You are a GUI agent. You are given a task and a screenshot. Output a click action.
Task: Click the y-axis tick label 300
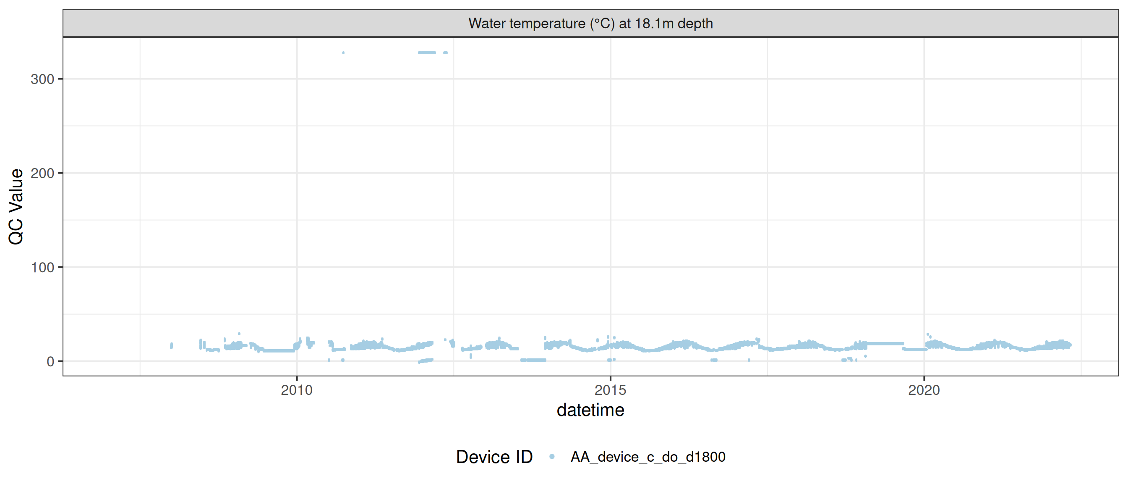click(x=42, y=79)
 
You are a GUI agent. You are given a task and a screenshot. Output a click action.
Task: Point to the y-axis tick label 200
click(x=42, y=174)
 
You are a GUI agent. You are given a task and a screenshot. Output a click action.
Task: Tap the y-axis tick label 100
click(x=42, y=268)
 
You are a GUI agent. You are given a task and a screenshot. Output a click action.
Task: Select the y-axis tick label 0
click(x=50, y=362)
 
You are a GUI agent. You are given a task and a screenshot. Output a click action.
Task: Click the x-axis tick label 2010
click(x=296, y=390)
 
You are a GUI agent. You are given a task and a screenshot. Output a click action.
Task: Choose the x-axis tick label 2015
click(x=610, y=390)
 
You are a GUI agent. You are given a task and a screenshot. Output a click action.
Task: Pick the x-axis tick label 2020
click(x=924, y=390)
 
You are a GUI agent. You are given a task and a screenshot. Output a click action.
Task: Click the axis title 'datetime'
click(x=590, y=410)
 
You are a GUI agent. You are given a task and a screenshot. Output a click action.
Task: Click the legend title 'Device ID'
click(x=494, y=457)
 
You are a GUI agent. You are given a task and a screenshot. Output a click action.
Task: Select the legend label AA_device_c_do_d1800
click(x=648, y=457)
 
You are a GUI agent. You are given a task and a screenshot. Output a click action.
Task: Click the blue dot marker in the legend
click(x=552, y=457)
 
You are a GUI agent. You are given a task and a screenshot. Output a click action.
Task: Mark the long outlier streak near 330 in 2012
click(x=427, y=53)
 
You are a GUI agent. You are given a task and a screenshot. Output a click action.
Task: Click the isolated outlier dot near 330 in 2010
click(x=343, y=53)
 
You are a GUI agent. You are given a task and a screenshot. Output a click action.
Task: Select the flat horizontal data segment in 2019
click(x=885, y=344)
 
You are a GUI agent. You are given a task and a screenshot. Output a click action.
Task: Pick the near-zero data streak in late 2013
click(x=533, y=360)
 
